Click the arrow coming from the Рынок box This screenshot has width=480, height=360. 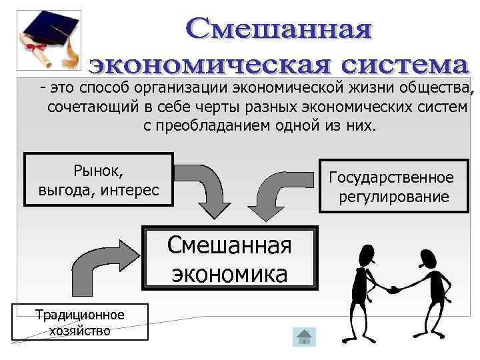[x=207, y=187]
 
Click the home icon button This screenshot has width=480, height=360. [x=304, y=337]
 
